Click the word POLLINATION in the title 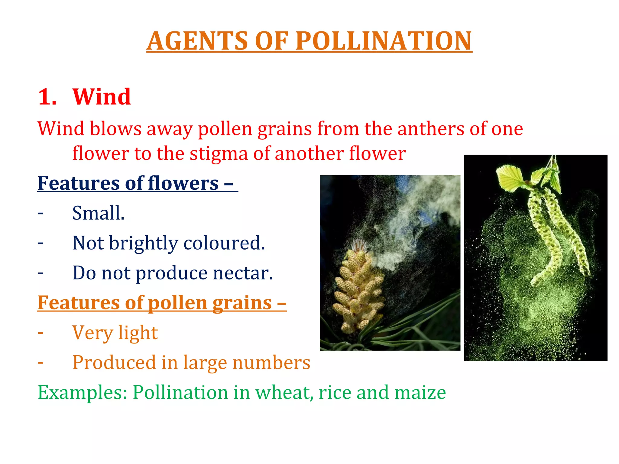pos(383,41)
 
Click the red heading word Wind pos(102,97)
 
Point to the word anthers pos(431,129)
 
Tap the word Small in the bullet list pos(97,213)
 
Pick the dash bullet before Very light pos(41,333)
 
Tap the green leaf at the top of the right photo pos(511,178)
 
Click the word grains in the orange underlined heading pos(242,303)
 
